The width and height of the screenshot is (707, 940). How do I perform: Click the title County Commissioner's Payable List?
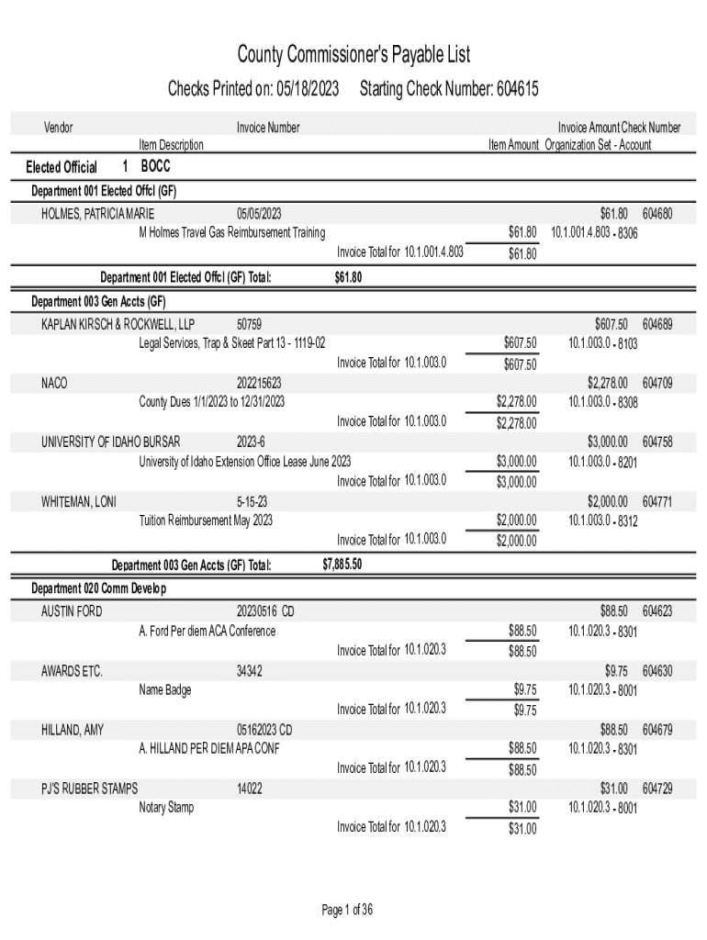pyautogui.click(x=353, y=55)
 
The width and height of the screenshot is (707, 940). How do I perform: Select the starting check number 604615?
pyautogui.click(x=517, y=89)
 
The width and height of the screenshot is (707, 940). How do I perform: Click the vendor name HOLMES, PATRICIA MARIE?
pyautogui.click(x=98, y=214)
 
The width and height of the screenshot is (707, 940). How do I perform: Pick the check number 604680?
pyautogui.click(x=657, y=214)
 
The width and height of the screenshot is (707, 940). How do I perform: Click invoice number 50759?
pyautogui.click(x=249, y=324)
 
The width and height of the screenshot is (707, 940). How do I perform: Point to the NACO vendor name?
pyautogui.click(x=54, y=383)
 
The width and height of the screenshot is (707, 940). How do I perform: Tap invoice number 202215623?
pyautogui.click(x=259, y=383)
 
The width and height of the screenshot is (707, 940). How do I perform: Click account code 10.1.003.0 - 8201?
pyautogui.click(x=602, y=462)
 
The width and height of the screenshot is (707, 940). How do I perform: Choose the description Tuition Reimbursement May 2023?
pyautogui.click(x=206, y=520)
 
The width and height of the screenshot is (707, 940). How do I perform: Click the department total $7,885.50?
pyautogui.click(x=342, y=565)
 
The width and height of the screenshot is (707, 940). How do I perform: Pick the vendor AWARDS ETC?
pyautogui.click(x=72, y=671)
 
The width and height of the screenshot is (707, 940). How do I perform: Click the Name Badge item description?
pyautogui.click(x=165, y=689)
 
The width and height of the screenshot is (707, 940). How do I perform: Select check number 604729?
pyautogui.click(x=657, y=789)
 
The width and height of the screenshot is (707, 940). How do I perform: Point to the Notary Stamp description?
pyautogui.click(x=166, y=807)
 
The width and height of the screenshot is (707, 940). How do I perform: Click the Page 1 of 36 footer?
pyautogui.click(x=347, y=911)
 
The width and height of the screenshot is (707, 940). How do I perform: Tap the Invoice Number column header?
pyautogui.click(x=268, y=128)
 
